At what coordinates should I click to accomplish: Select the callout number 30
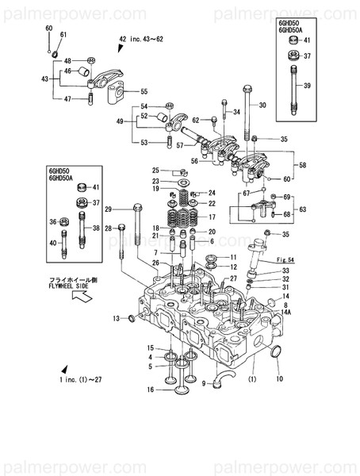262,106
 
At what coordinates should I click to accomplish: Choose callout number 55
144,91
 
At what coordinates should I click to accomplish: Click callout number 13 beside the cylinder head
114,318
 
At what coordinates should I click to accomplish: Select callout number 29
108,209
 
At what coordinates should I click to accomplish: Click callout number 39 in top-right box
308,85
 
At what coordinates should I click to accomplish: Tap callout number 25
156,170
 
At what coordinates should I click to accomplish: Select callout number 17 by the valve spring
212,216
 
